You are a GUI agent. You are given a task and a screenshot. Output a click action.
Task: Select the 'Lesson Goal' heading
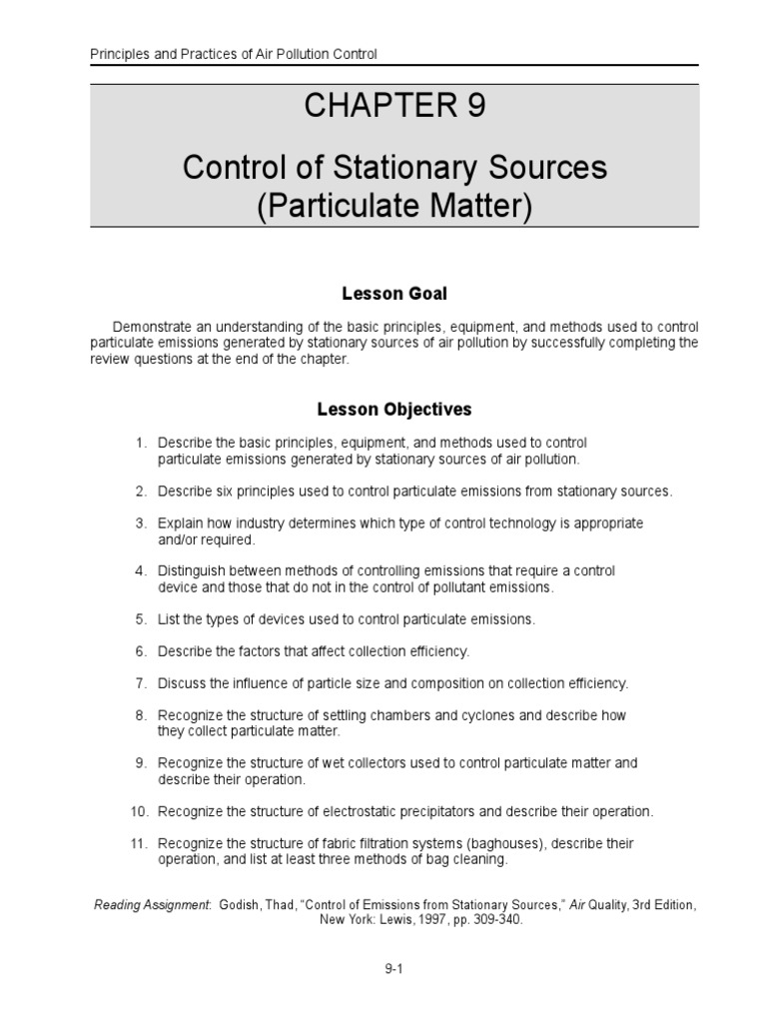click(x=394, y=294)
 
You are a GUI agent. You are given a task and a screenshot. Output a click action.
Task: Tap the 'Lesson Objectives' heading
click(x=394, y=410)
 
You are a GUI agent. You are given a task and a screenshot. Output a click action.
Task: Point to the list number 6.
click(x=141, y=651)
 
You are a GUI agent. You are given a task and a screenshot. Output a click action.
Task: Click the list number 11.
click(x=139, y=843)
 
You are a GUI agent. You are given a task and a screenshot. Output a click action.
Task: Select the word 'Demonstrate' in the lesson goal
click(x=151, y=327)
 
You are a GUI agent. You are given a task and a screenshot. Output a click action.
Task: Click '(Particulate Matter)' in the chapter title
click(x=394, y=206)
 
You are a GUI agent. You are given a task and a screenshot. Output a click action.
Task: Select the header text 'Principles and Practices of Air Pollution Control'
click(x=234, y=55)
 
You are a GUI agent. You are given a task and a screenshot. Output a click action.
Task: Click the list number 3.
click(x=141, y=523)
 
